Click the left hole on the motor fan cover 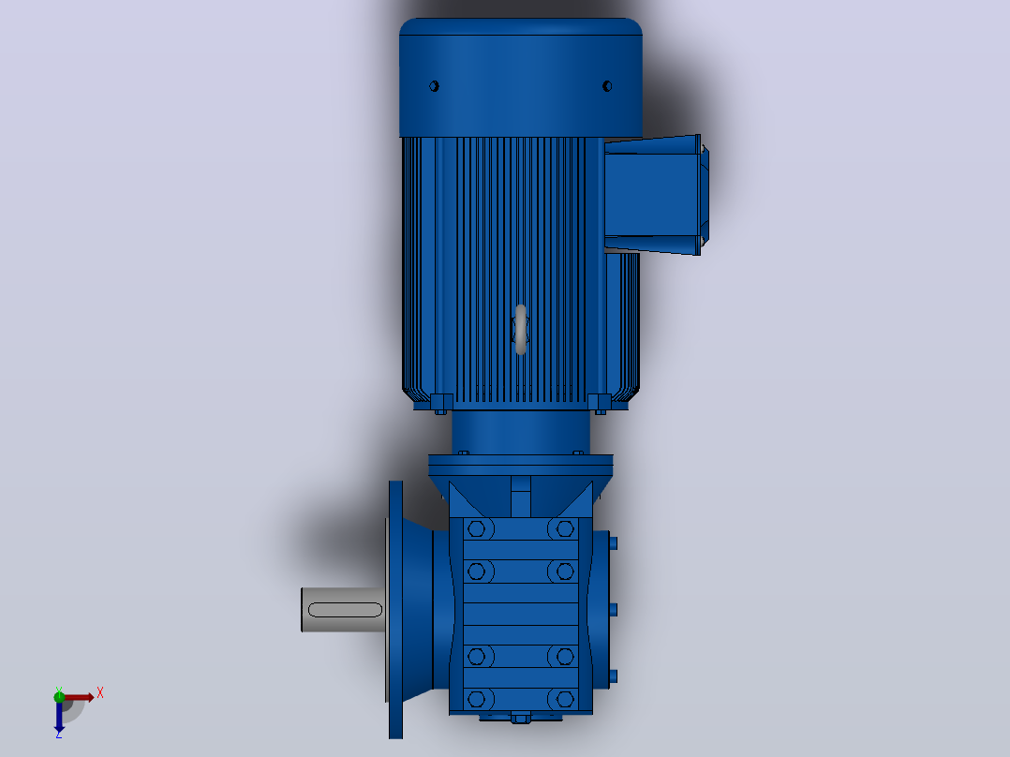(434, 86)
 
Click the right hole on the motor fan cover (607, 86)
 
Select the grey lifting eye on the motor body (521, 329)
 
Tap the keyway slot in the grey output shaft (345, 610)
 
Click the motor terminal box (653, 195)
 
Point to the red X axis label (100, 693)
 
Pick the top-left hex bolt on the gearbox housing (477, 529)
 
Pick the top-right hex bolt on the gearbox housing (565, 529)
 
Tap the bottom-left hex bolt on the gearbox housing (477, 699)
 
